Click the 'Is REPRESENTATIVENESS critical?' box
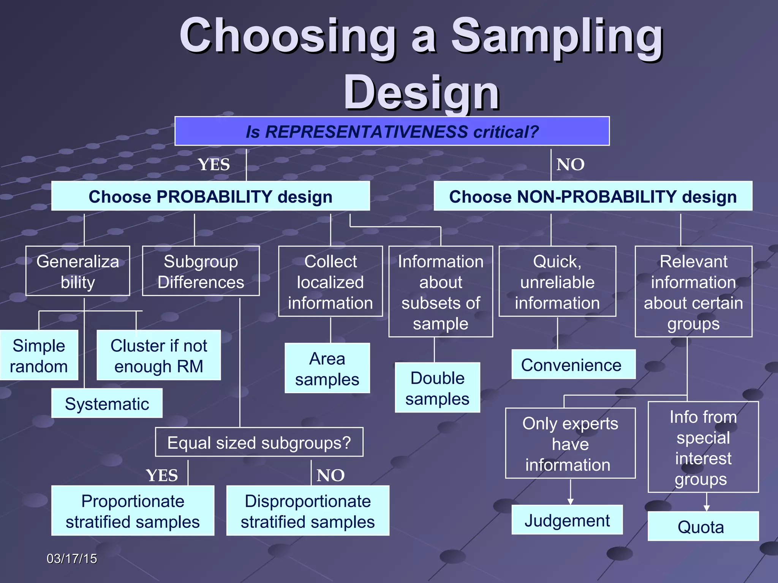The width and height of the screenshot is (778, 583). click(x=392, y=131)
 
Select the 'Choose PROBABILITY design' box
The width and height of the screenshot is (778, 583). click(x=210, y=196)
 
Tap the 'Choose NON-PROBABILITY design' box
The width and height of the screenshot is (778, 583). click(x=593, y=196)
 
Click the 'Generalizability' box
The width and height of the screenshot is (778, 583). click(x=77, y=271)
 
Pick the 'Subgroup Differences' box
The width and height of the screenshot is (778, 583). click(x=201, y=271)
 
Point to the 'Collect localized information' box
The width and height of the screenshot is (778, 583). click(x=330, y=281)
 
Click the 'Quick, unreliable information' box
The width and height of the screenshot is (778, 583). click(x=557, y=281)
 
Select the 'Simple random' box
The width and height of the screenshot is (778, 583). click(x=39, y=355)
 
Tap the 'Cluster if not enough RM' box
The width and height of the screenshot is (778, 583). click(x=158, y=355)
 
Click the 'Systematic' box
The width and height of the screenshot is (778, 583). click(x=107, y=403)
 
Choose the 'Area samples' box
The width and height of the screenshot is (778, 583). click(x=327, y=368)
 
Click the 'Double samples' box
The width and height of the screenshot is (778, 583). click(x=437, y=388)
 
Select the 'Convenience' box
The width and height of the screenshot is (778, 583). click(x=573, y=364)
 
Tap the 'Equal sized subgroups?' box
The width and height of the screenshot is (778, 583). click(x=259, y=442)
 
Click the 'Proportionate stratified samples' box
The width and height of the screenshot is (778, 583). click(x=133, y=511)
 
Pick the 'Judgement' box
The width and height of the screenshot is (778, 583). click(x=567, y=520)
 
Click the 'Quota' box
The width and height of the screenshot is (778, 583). click(x=703, y=526)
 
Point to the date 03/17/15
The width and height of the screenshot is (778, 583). click(x=72, y=559)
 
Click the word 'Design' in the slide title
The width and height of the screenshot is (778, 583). click(x=422, y=93)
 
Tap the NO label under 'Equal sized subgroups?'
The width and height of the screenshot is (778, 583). click(x=330, y=475)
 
